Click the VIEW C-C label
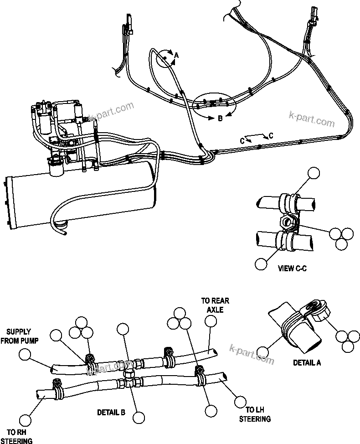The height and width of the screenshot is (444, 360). [292, 268]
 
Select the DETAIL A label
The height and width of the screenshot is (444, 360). [306, 363]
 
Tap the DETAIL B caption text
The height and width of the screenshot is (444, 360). [111, 413]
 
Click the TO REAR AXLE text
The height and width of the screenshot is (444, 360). [215, 305]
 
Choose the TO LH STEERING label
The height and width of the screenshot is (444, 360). [255, 415]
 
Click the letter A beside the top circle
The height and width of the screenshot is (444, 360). [177, 55]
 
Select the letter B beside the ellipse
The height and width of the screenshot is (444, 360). [220, 118]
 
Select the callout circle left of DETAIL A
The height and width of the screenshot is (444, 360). [262, 351]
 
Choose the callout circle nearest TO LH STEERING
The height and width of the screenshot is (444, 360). [239, 402]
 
